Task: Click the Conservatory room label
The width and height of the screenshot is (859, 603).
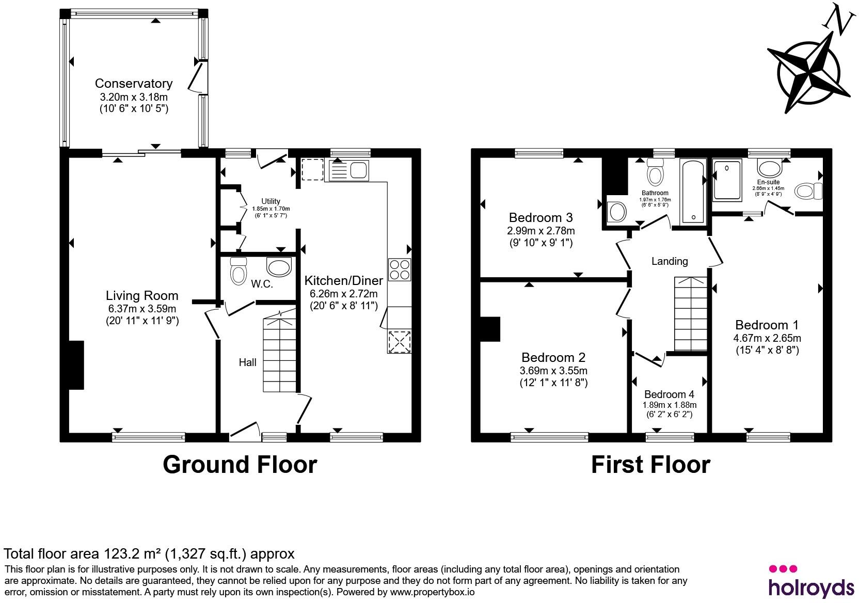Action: [134, 83]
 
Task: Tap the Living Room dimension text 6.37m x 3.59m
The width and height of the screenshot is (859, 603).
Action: [142, 308]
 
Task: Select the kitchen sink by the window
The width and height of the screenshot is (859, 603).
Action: [348, 170]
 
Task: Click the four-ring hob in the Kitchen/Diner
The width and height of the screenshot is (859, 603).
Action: [400, 270]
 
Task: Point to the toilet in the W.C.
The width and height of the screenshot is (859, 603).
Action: [238, 271]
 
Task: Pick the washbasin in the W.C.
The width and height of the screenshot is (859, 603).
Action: [279, 266]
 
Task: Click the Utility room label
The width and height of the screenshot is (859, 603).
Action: [271, 201]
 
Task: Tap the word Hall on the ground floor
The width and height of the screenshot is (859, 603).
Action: [247, 362]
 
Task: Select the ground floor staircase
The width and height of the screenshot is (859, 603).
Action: [280, 352]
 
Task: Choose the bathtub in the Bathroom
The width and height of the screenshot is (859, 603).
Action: [693, 192]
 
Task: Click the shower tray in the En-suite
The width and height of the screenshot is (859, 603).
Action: [727, 180]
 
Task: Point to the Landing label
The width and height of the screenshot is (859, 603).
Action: [670, 261]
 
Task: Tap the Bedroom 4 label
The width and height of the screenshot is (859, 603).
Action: [669, 394]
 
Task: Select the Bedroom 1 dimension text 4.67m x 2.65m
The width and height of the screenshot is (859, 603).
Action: [767, 338]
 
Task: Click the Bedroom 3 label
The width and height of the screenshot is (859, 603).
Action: [540, 217]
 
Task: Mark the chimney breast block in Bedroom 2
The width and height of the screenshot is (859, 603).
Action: [490, 329]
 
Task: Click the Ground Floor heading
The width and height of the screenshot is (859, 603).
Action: [240, 465]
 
